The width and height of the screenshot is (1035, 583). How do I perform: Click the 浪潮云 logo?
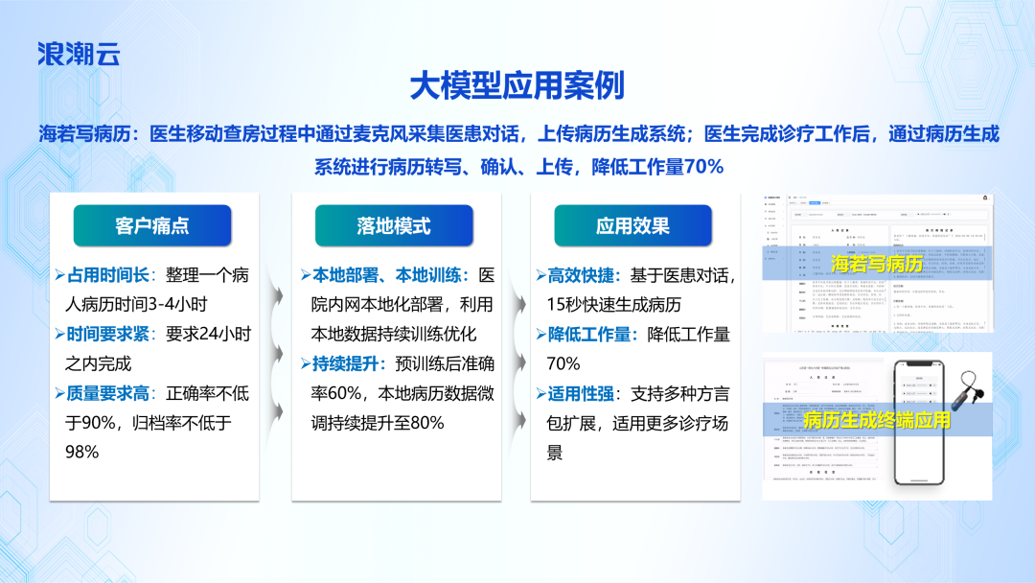pos(79,53)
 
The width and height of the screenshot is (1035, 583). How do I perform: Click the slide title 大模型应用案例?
pos(517,86)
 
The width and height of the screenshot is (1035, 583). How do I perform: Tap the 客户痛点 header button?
pos(152,226)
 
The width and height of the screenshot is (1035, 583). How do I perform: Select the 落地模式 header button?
pos(394,226)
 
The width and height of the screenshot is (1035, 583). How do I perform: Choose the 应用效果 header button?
pos(632,226)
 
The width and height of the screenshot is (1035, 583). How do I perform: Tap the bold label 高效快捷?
pos(584,275)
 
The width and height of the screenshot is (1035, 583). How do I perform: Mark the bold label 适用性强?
pos(584,392)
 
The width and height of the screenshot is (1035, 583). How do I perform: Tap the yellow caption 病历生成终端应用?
pos(876,421)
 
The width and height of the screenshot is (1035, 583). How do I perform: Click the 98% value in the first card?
pos(80,451)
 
